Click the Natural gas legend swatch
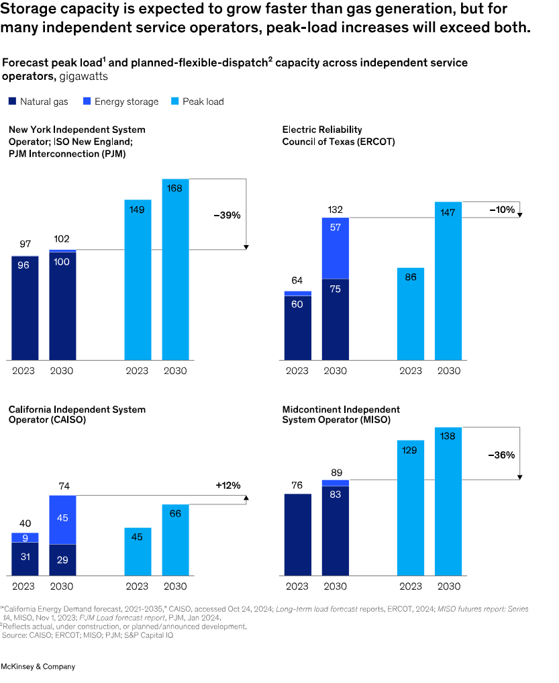[x=12, y=101]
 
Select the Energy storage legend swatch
[x=87, y=101]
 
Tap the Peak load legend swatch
[x=175, y=101]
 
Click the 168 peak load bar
[x=175, y=269]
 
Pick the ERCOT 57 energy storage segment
[x=336, y=248]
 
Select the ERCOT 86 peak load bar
[x=411, y=314]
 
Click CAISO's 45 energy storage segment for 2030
[x=62, y=520]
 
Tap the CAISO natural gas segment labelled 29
[x=62, y=560]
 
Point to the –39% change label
[x=227, y=215]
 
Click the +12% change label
[x=228, y=486]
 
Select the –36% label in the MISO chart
[x=501, y=455]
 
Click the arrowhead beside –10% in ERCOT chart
[x=520, y=215]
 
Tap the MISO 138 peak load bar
[x=448, y=502]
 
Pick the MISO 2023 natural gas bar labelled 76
[x=298, y=535]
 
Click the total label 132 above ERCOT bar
[x=336, y=210]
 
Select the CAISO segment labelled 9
[x=25, y=537]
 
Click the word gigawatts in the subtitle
[x=84, y=77]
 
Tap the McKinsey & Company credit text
[x=38, y=666]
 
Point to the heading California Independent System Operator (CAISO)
[x=77, y=414]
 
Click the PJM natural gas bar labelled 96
[x=25, y=308]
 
